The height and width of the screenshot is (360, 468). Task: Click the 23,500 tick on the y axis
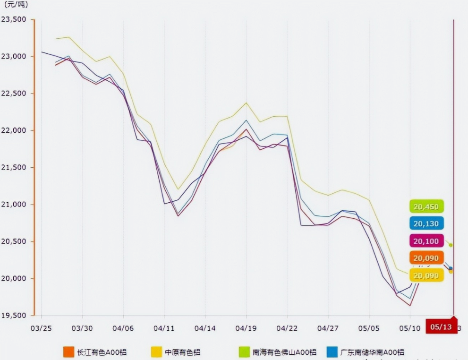14,19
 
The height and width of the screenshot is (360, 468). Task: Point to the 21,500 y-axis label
14,167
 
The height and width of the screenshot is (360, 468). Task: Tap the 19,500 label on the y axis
14,315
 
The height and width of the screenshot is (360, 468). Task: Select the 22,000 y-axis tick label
14,130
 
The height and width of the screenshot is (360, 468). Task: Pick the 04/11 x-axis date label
164,328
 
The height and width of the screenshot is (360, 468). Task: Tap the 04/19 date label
246,328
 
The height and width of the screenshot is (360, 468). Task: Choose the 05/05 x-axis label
369,328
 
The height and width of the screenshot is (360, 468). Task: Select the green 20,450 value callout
426,206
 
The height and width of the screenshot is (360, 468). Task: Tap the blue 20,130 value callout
426,223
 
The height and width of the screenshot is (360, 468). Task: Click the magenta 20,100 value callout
426,241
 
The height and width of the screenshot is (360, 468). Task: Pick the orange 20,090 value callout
426,258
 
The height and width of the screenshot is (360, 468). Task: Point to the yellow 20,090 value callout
426,275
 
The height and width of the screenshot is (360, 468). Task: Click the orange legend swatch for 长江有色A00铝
68,352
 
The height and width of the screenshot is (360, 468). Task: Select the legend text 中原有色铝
183,352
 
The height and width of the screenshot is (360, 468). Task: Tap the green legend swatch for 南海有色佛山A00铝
244,352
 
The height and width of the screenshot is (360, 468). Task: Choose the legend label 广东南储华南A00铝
372,352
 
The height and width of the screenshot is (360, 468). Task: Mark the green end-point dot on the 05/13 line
451,245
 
